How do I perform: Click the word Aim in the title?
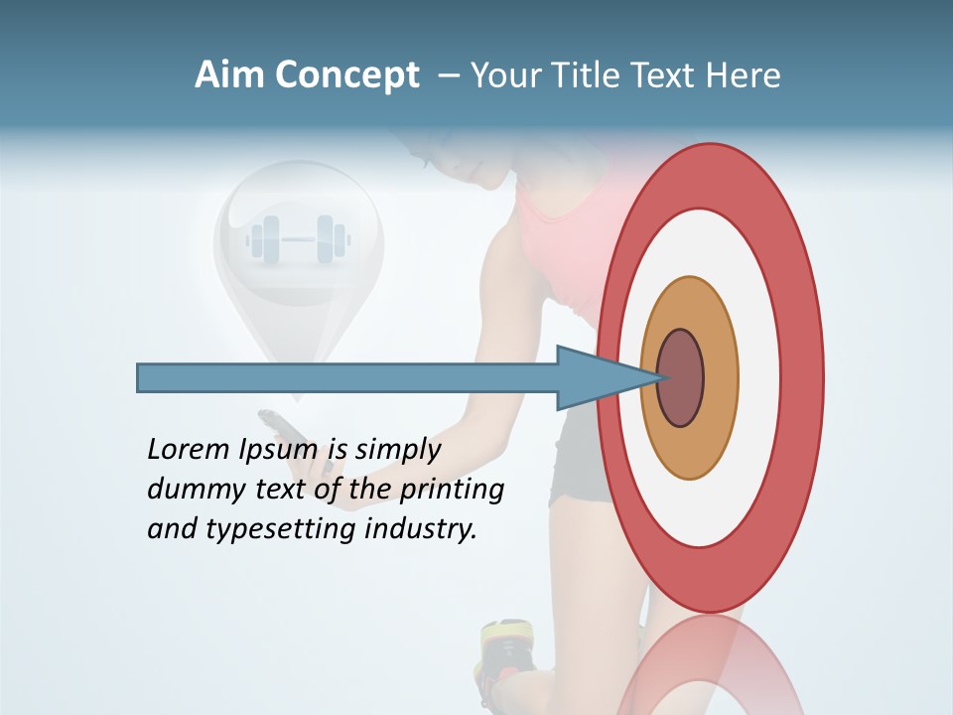click(x=230, y=75)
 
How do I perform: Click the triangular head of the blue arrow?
click(x=596, y=377)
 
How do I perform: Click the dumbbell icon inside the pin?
click(x=299, y=239)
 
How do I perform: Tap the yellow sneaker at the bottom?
click(x=509, y=649)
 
